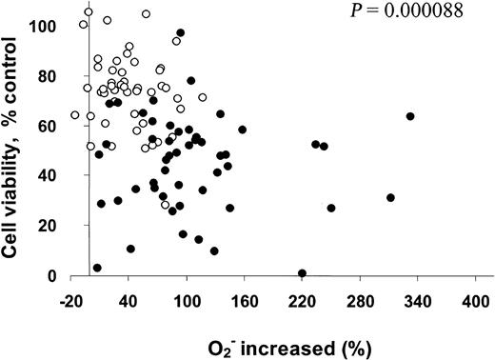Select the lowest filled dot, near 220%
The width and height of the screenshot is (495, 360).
click(x=302, y=273)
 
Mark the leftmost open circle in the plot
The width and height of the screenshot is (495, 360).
click(x=75, y=115)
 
